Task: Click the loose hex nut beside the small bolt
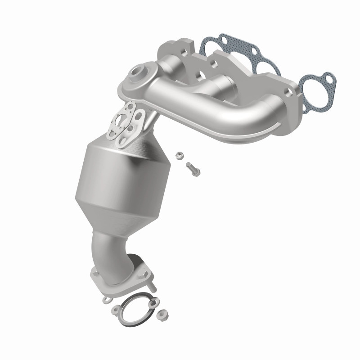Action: (x=178, y=156)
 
